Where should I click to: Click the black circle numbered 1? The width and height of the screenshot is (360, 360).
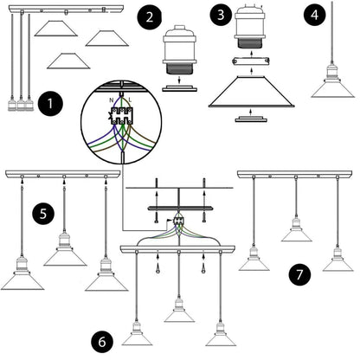coord(50,104)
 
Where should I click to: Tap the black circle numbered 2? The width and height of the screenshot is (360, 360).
coord(149,17)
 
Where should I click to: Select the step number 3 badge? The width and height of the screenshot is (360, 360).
coord(221,15)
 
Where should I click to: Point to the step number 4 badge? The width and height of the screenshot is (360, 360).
coord(314,15)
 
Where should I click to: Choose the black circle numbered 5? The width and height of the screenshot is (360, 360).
coord(43,214)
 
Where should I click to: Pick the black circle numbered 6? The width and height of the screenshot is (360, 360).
coord(102,342)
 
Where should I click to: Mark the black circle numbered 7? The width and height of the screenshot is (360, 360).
coord(299,274)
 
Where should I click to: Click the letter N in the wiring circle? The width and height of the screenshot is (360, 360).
coord(111,100)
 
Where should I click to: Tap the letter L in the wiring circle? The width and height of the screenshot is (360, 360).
coord(130,100)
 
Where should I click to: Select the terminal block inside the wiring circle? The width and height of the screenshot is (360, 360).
coord(122,116)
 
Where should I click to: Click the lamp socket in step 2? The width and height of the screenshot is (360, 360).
coord(180,50)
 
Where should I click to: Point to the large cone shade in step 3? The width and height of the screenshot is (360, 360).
coord(252,92)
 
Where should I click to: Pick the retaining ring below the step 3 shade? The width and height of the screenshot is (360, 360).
coord(251,119)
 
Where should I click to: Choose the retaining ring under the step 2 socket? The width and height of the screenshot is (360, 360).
coord(179,88)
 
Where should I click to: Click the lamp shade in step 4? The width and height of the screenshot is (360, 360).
coord(332,91)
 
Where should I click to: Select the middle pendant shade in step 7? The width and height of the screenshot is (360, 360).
coord(297,236)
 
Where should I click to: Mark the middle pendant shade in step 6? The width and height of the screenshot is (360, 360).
coord(179,317)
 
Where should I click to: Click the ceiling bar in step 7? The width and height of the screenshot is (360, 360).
coord(294,174)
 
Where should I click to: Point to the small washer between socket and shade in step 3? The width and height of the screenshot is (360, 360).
coord(251,61)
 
